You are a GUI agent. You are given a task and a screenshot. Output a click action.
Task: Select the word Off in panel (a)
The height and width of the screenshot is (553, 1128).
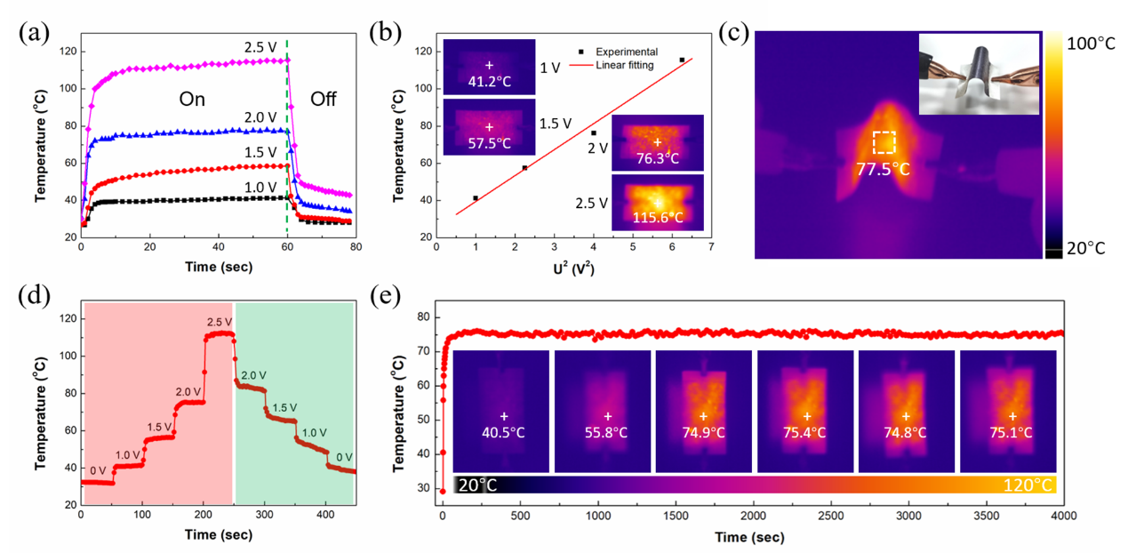click(323, 100)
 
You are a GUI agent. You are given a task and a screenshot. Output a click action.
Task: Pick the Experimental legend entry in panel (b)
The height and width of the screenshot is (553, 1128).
click(627, 52)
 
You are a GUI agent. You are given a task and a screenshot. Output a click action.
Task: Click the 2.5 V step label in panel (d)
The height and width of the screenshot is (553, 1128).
click(218, 321)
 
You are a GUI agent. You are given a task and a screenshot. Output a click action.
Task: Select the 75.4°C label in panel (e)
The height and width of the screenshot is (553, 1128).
click(806, 433)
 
